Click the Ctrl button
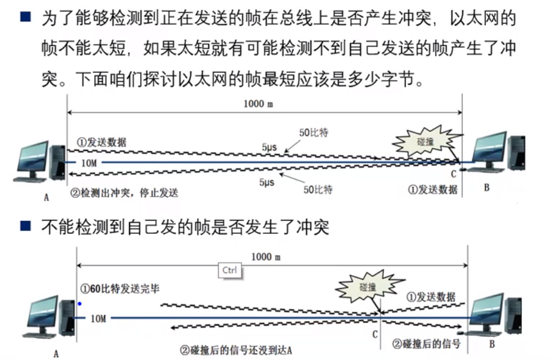coord(230,270)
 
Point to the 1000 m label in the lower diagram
coord(266,257)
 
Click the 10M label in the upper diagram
coord(89,163)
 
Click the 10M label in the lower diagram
coord(99,318)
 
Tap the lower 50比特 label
coord(317,189)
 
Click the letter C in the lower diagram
coord(375,334)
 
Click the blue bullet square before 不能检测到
coord(25,226)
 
